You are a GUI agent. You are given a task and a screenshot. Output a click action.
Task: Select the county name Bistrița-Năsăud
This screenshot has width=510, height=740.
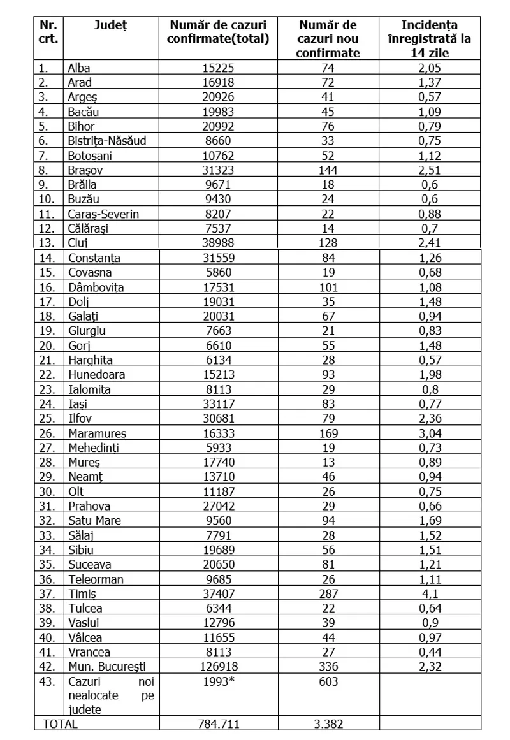107,141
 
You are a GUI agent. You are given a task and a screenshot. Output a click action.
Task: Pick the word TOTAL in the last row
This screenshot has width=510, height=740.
59,724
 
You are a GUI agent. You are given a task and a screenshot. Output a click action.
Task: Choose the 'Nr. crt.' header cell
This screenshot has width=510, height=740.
48,32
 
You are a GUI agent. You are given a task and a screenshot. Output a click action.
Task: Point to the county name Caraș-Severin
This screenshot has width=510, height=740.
103,214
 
